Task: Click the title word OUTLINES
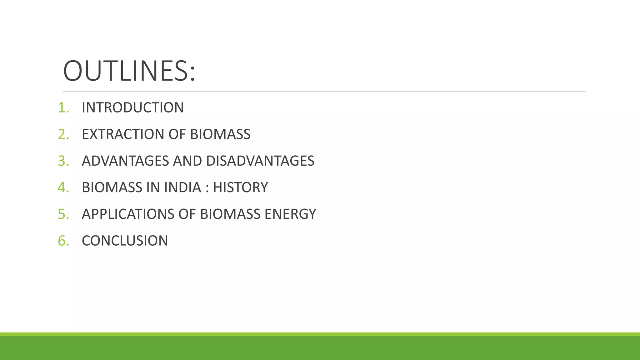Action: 129,71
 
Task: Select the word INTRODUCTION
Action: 132,108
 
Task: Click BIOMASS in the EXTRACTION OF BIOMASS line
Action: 220,134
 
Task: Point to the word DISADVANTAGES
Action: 260,161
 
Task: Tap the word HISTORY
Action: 240,187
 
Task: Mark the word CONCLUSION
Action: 125,241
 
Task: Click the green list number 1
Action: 62,108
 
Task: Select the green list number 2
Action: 62,134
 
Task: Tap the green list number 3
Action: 62,161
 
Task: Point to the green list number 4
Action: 62,187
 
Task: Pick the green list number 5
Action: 62,214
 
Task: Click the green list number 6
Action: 62,241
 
